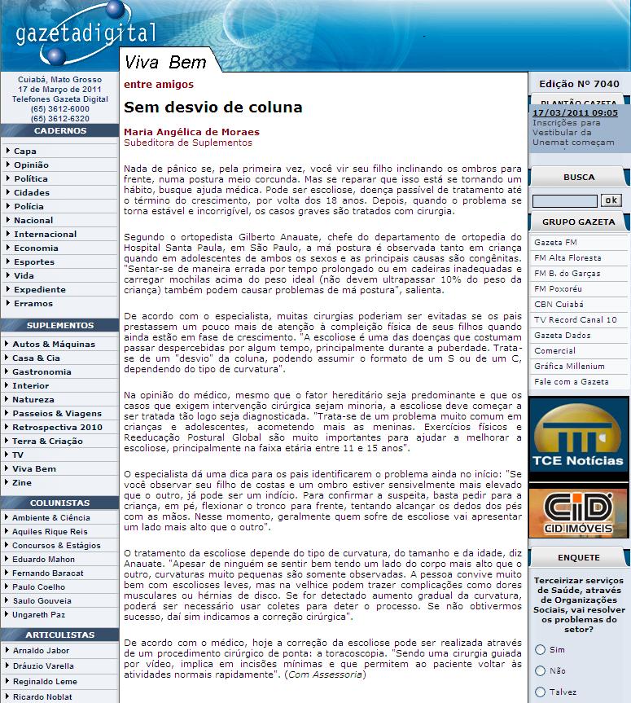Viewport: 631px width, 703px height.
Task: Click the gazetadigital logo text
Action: point(85,33)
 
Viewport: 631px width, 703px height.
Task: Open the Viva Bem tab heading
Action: point(165,63)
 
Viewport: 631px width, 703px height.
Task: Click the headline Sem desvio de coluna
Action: point(213,108)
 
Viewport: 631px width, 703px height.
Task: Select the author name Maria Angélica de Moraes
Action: point(191,132)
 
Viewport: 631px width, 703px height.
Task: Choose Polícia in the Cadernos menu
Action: point(28,207)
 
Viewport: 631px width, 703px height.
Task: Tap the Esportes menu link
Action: point(34,262)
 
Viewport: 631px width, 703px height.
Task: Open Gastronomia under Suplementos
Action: point(42,372)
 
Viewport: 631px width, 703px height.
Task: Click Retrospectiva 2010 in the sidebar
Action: point(57,427)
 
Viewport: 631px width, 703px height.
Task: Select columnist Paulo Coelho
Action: point(39,587)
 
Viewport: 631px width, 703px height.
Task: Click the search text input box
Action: point(564,200)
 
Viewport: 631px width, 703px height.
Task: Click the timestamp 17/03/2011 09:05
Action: point(575,113)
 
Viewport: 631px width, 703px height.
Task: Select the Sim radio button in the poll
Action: point(540,649)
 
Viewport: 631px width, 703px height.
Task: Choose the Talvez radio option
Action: point(540,692)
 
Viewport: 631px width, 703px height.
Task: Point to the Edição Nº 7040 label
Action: point(579,84)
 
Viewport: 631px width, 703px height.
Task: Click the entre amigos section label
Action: point(158,84)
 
